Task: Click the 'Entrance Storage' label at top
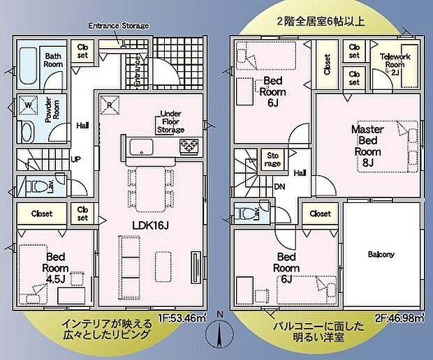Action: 119,26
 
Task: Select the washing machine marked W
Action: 29,105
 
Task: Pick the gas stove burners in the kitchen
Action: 188,147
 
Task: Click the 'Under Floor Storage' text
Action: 172,121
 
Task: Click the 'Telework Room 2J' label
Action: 395,63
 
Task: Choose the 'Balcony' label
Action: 381,254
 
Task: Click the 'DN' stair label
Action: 279,187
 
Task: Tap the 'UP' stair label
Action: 76,159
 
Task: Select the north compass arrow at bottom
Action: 221,334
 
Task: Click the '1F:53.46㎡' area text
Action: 182,319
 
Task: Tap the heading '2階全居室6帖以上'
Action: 321,22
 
